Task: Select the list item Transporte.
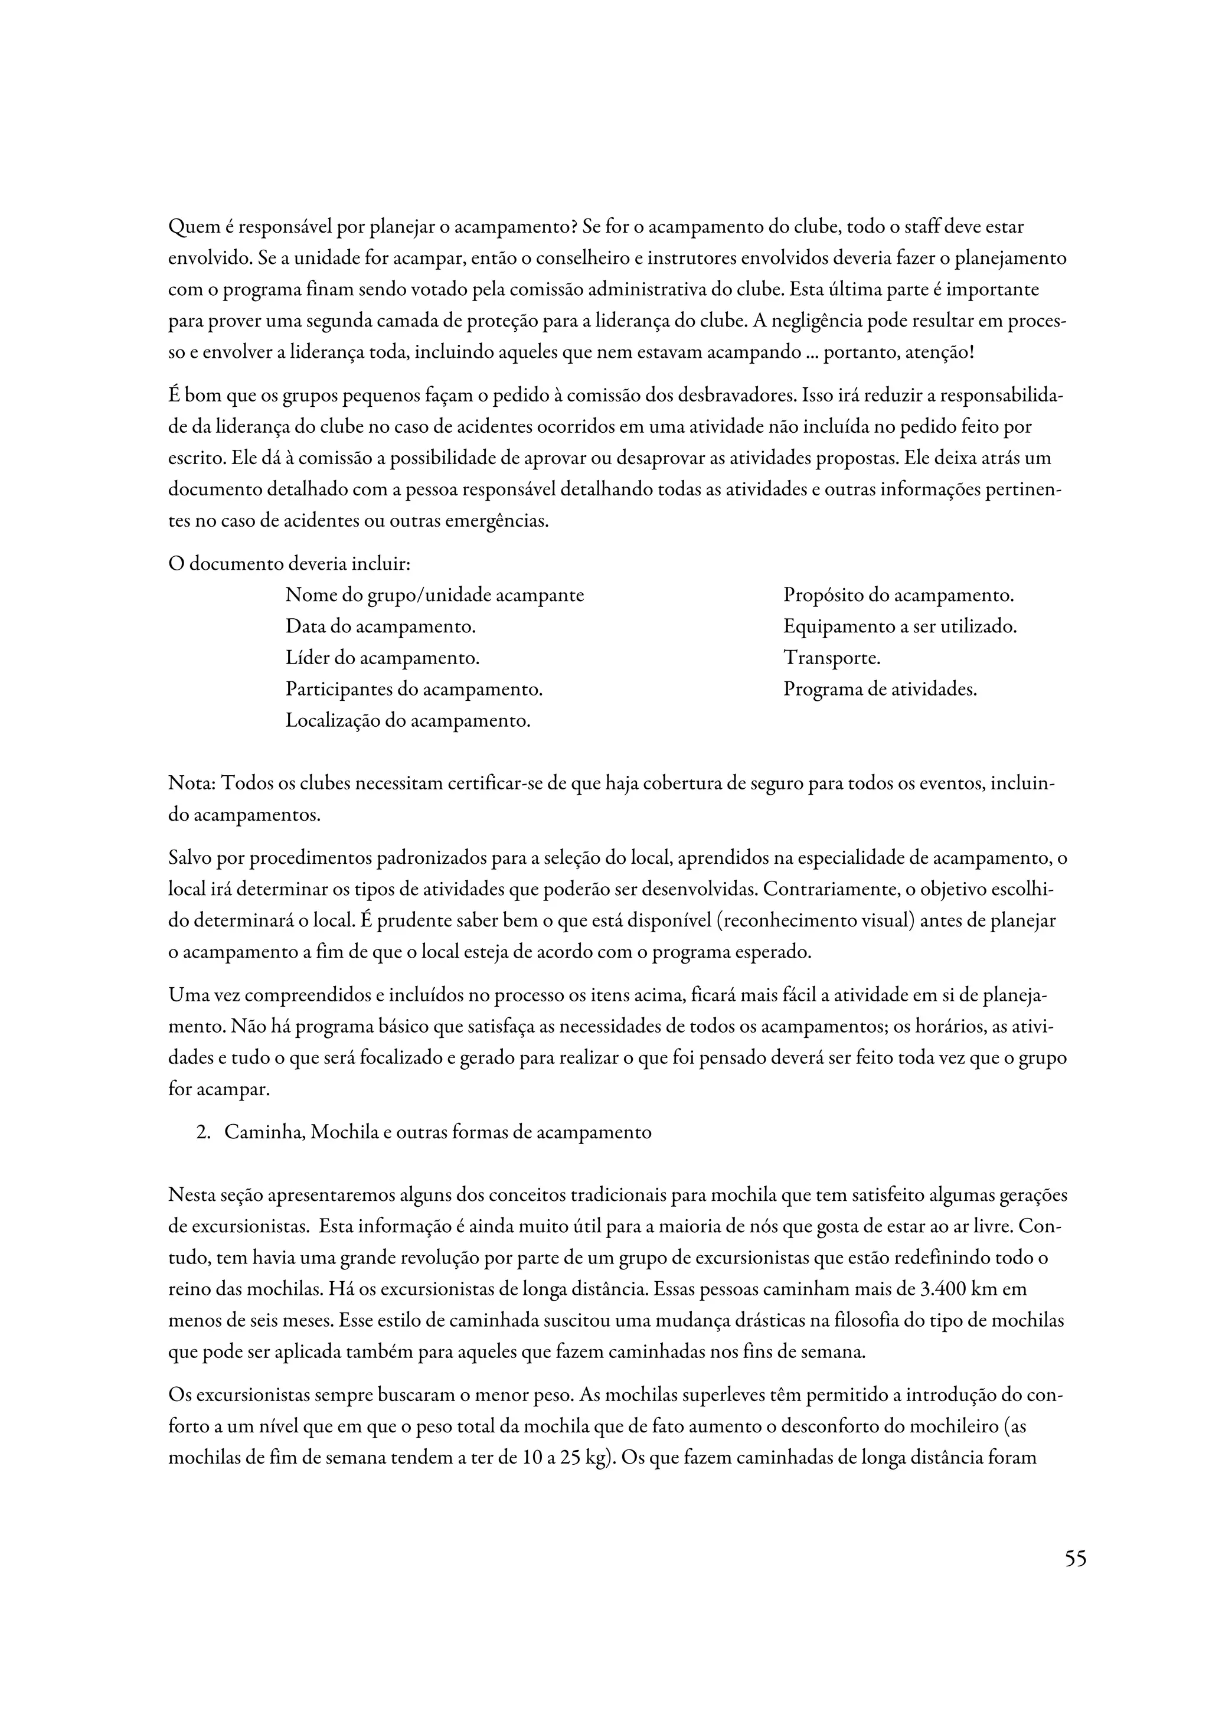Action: point(831,658)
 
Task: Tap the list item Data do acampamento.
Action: point(380,627)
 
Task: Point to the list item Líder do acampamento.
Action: point(382,658)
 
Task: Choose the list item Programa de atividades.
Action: point(879,690)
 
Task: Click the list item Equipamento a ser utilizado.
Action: point(899,627)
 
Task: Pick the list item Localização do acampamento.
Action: point(407,721)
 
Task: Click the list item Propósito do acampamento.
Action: point(898,595)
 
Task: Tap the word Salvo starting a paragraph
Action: point(191,858)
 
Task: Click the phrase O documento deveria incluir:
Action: point(289,564)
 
